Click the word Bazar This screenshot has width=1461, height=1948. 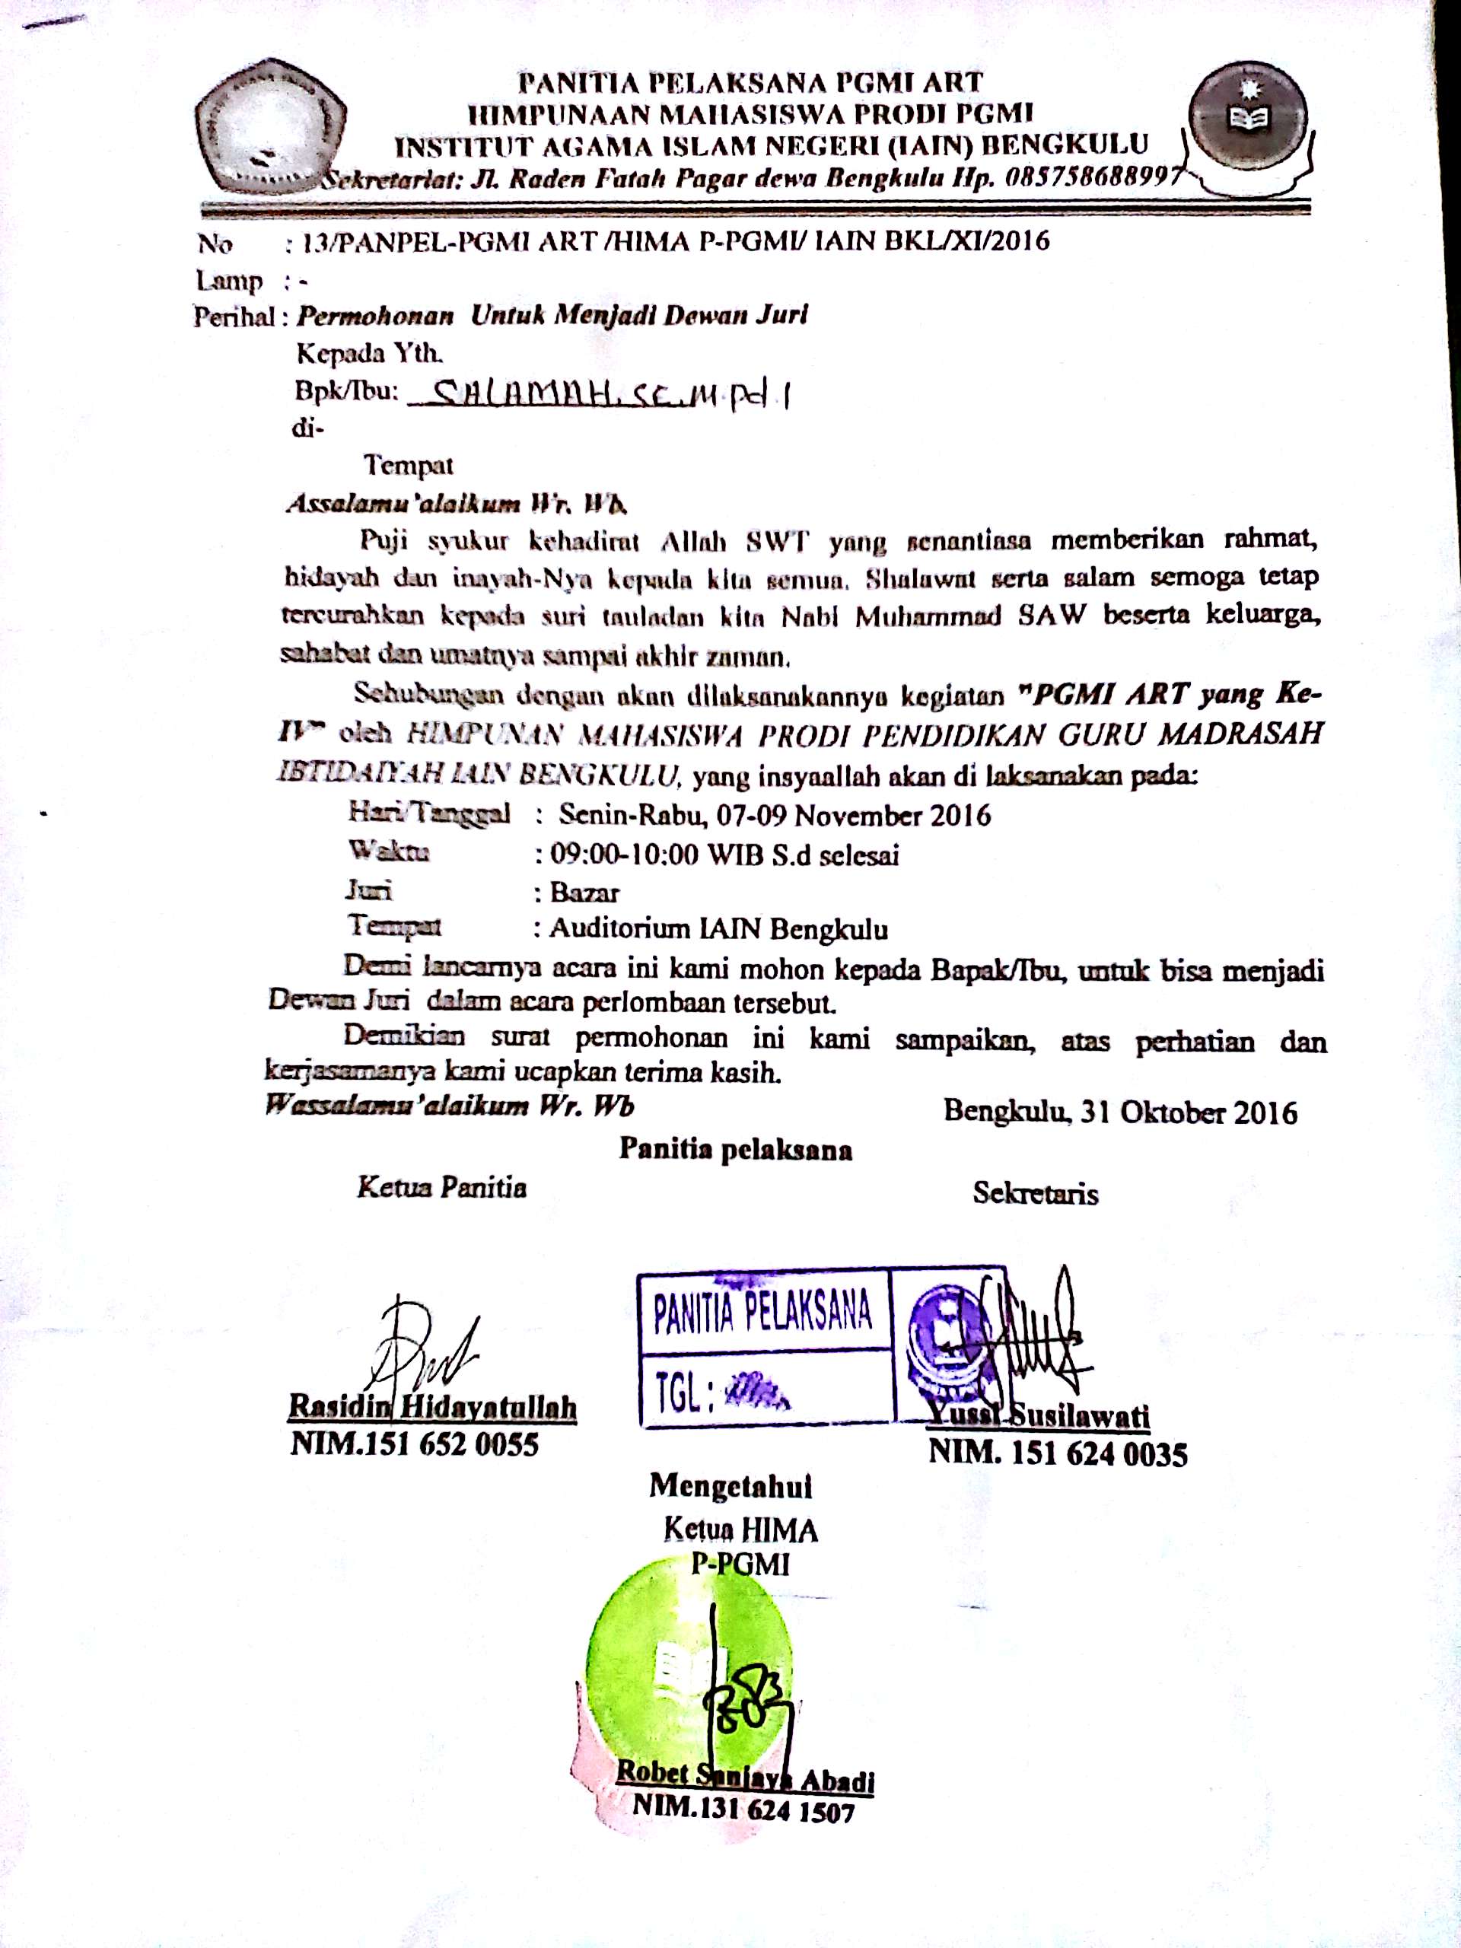[584, 893]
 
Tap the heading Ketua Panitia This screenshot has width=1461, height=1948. [441, 1188]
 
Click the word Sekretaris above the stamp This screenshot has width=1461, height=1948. [1035, 1193]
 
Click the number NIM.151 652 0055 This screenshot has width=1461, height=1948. [415, 1445]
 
